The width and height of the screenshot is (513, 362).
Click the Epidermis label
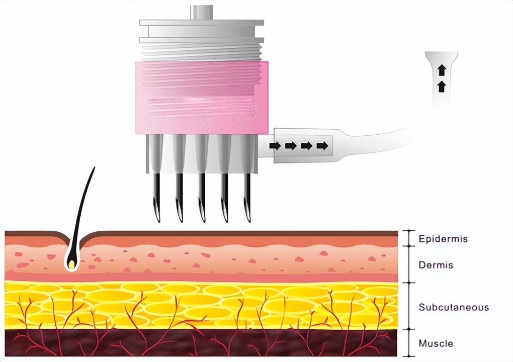[x=443, y=239]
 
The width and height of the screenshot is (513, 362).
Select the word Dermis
[x=436, y=265]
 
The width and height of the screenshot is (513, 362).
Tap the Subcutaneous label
[x=454, y=307]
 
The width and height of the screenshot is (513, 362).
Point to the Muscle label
[x=436, y=344]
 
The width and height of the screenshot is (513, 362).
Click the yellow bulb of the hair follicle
[x=72, y=263]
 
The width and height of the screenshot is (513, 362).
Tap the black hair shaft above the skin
[x=84, y=201]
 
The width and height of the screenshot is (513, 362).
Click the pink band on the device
[x=201, y=98]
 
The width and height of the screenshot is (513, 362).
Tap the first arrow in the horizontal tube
[x=275, y=146]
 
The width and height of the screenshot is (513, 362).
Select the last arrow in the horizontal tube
[x=322, y=146]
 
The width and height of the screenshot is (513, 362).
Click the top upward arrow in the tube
[x=442, y=70]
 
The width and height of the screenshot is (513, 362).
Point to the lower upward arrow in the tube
[x=442, y=86]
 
